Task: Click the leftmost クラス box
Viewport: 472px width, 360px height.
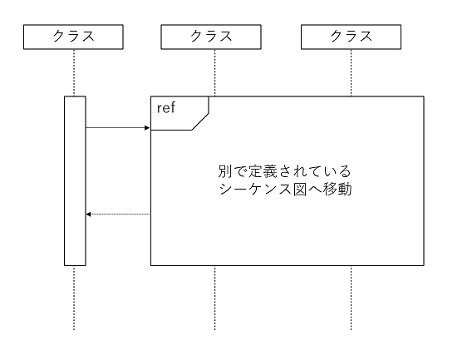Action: coord(73,37)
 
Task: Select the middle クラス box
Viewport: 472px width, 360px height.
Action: coord(214,37)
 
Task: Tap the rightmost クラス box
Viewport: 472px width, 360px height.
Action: coord(351,37)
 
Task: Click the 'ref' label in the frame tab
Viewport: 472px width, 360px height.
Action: coord(166,108)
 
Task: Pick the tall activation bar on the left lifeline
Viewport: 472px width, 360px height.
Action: coord(75,181)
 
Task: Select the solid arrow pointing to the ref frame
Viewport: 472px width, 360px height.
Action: coord(117,128)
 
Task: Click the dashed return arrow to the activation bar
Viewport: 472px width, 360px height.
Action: coord(117,215)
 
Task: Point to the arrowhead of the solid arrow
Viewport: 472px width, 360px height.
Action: coord(146,128)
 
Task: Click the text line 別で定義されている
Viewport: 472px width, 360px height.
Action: coord(283,171)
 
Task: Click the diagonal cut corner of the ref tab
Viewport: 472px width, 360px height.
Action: coord(200,121)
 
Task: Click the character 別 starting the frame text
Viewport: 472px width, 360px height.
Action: coord(222,171)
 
